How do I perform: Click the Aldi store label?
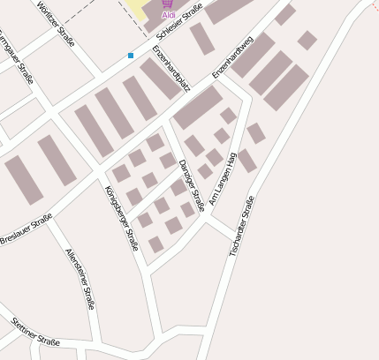168,15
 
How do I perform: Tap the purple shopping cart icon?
168,4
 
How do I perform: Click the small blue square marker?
131,56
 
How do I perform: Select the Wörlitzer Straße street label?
56,26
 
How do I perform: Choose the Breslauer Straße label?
27,230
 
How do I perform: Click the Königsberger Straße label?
121,218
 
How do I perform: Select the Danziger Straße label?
191,185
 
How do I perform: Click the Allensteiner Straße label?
80,278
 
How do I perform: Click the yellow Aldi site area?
141,9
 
